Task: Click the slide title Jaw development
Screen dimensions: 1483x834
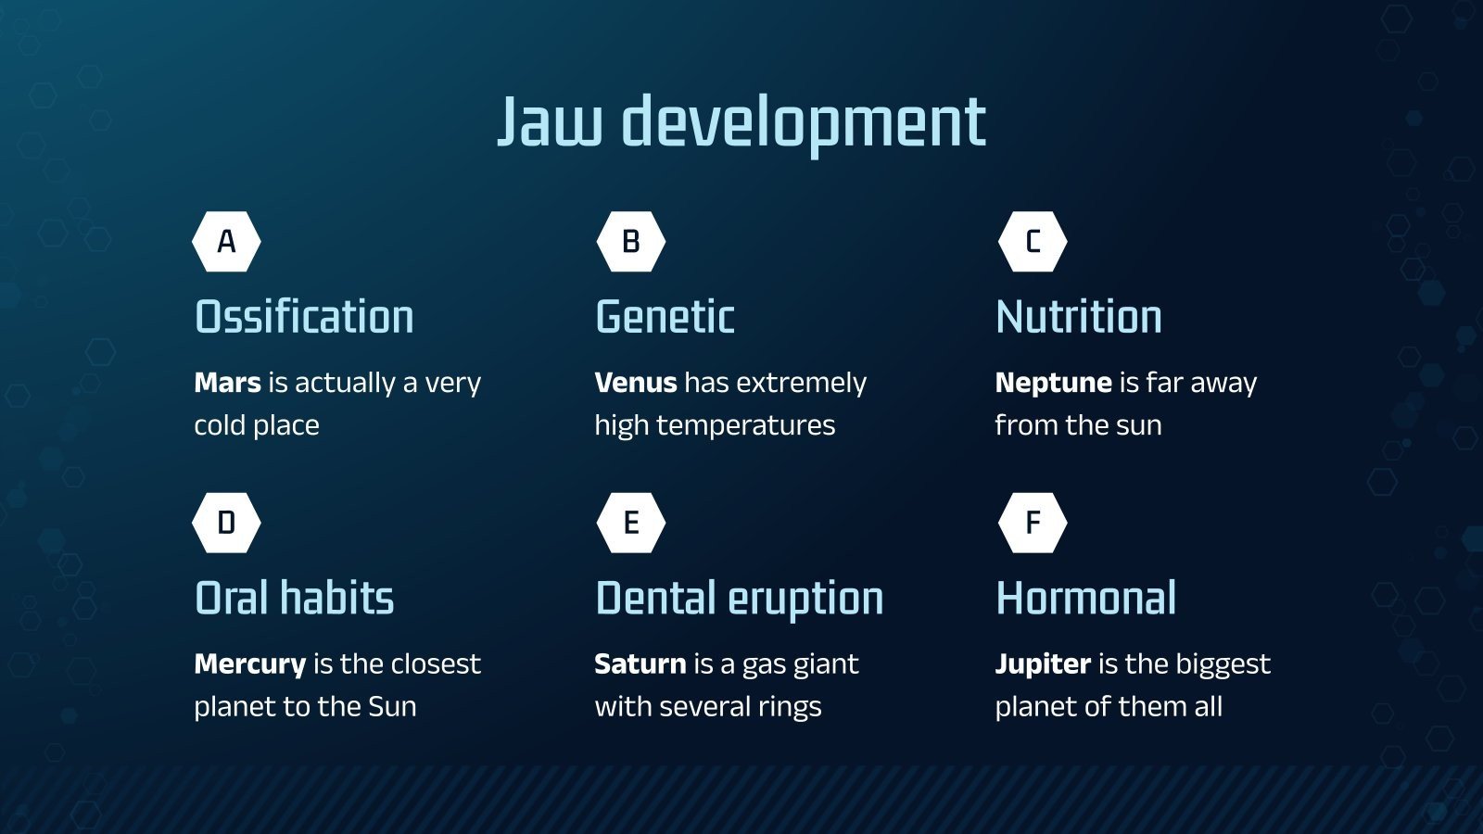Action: tap(741, 123)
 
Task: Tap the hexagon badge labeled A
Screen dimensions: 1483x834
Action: tap(226, 242)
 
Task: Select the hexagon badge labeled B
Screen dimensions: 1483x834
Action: tap(631, 242)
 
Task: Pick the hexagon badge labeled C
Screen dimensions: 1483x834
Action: tap(1033, 242)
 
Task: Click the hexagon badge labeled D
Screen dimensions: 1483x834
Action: tap(226, 523)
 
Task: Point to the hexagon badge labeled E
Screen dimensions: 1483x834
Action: tap(631, 523)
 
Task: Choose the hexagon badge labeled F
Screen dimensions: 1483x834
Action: tap(1033, 523)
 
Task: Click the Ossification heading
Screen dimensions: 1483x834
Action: tap(305, 316)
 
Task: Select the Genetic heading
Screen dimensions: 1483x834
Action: tap(665, 316)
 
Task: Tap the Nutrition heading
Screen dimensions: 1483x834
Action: tap(1079, 316)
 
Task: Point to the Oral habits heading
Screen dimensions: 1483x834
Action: tap(295, 598)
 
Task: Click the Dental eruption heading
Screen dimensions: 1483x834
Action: tap(740, 599)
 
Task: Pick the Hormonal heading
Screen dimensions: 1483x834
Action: tap(1086, 598)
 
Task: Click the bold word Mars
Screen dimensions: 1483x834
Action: tap(227, 383)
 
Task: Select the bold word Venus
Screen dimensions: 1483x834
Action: tap(636, 383)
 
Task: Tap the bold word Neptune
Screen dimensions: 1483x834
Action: tap(1053, 384)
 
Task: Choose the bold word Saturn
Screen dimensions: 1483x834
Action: tap(640, 663)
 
